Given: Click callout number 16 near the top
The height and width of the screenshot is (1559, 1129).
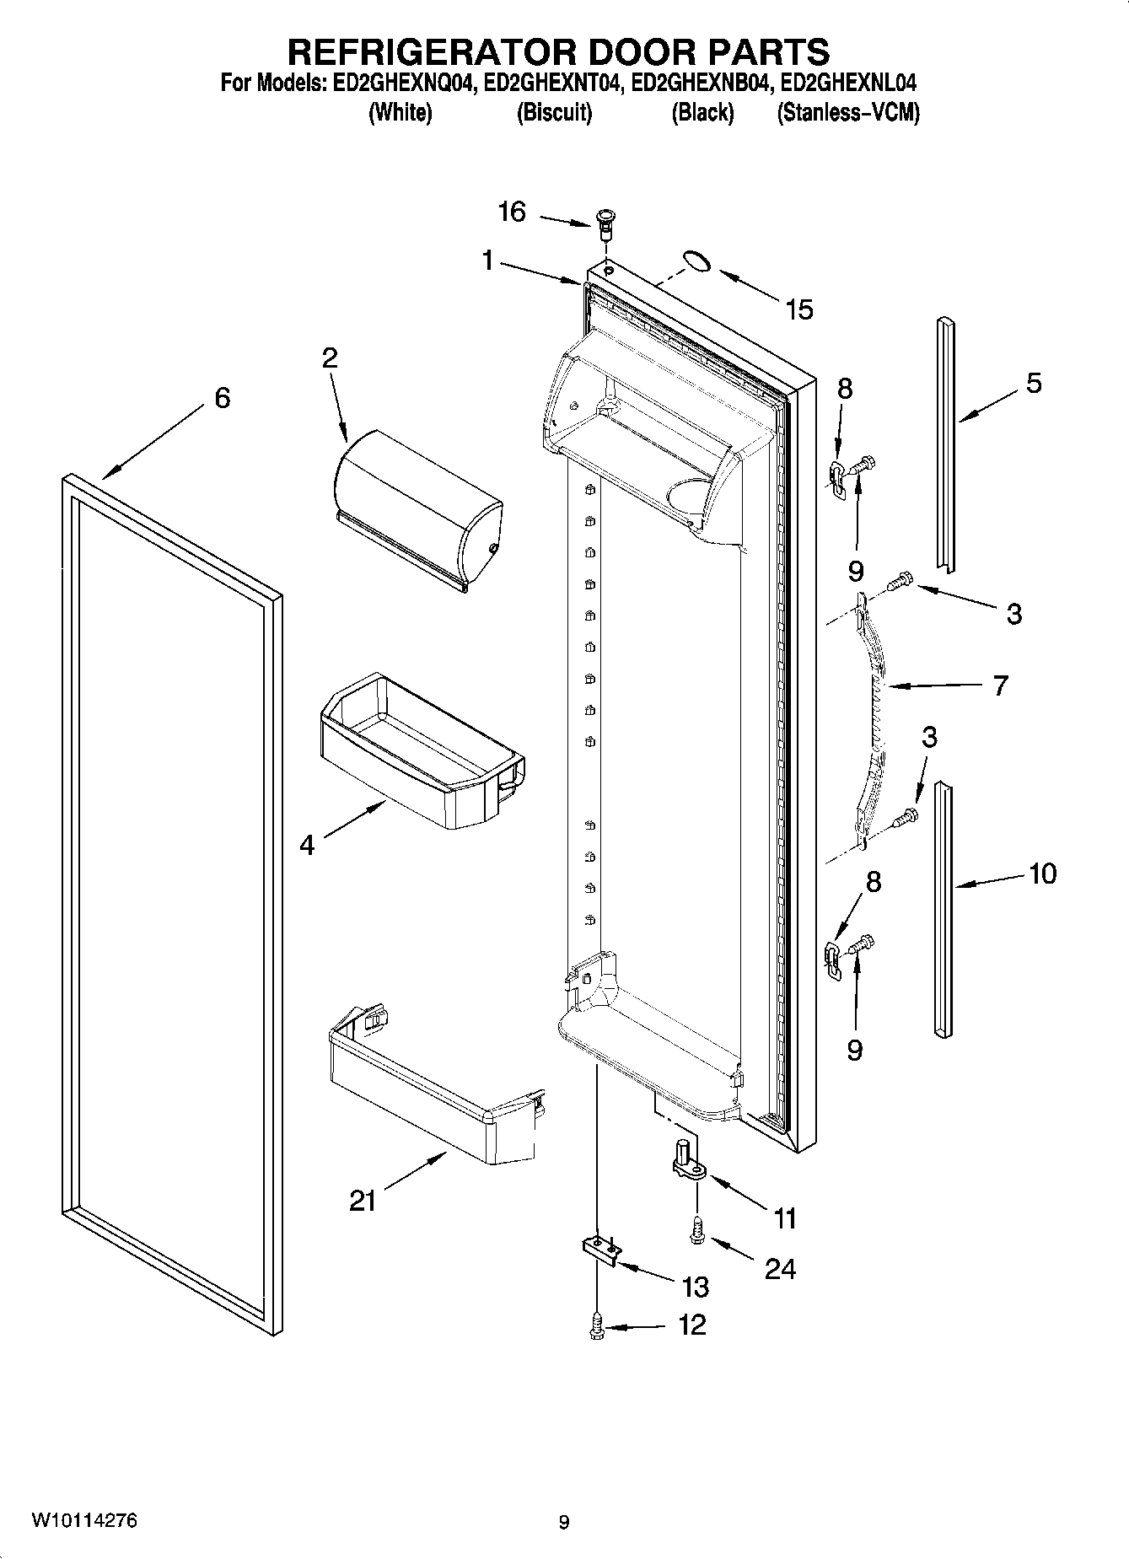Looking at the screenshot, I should click(512, 211).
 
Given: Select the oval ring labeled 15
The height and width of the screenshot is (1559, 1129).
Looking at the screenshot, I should click(696, 261).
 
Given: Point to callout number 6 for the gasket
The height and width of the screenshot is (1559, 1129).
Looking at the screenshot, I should click(222, 397).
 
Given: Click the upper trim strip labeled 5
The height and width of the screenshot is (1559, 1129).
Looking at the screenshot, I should click(947, 443).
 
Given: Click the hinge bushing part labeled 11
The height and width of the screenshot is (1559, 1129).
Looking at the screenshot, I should click(685, 1158).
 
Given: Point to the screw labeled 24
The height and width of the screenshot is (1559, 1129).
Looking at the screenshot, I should click(697, 1232).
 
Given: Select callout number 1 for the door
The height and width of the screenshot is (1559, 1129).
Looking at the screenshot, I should click(487, 261).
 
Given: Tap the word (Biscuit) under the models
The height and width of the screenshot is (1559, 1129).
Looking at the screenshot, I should click(554, 113).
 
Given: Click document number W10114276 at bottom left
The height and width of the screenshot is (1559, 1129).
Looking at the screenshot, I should click(83, 1520).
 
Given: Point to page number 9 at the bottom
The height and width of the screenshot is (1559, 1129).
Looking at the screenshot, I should click(564, 1522).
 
